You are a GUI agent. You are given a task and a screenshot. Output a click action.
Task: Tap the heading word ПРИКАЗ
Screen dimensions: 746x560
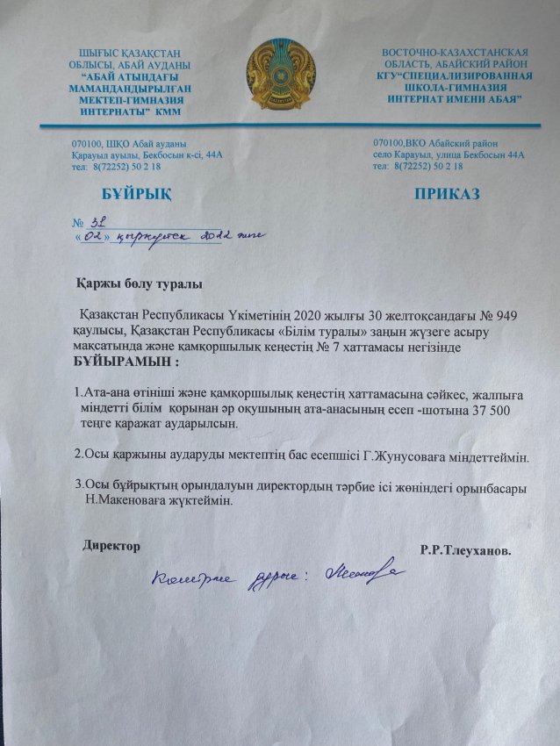click(447, 193)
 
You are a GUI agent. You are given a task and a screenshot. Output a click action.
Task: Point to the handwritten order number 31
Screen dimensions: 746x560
click(97, 222)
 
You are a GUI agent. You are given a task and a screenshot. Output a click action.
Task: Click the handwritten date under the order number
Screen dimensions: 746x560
click(167, 236)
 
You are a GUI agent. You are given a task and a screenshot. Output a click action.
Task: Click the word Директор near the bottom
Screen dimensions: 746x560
click(111, 546)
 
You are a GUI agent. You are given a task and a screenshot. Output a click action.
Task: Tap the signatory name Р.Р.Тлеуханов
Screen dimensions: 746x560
click(466, 550)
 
